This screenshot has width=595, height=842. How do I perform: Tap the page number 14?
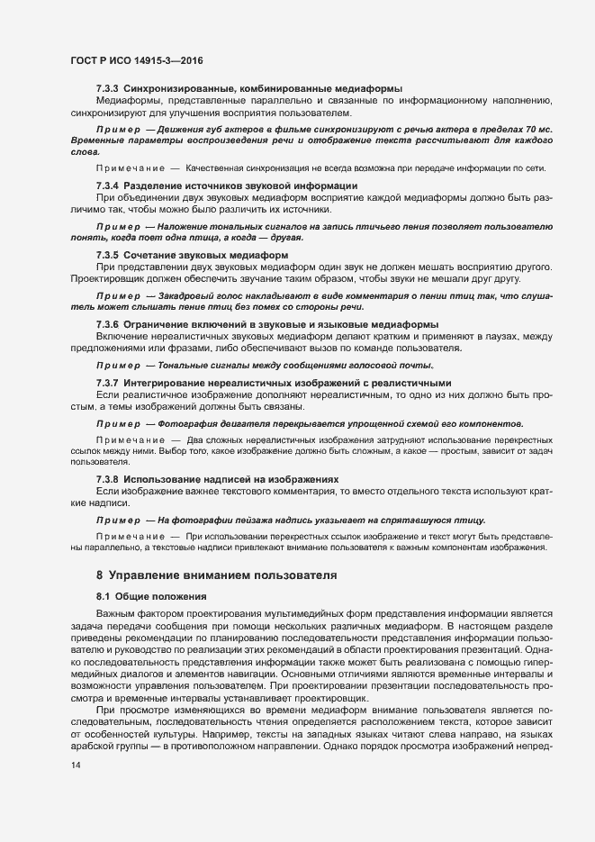pos(75,765)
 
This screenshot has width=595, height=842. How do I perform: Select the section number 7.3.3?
pos(107,88)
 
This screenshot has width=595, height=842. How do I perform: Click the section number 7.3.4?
pos(107,186)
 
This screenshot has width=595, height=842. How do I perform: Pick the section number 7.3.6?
pos(107,324)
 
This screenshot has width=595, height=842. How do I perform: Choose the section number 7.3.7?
pos(107,384)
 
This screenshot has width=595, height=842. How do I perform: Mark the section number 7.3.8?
pos(107,477)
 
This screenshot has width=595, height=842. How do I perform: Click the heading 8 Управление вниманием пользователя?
pos(216,574)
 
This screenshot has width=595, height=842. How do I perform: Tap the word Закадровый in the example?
pos(185,295)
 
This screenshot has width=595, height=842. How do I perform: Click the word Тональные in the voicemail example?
pos(184,366)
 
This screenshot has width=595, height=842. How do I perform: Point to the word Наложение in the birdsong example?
pos(183,226)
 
